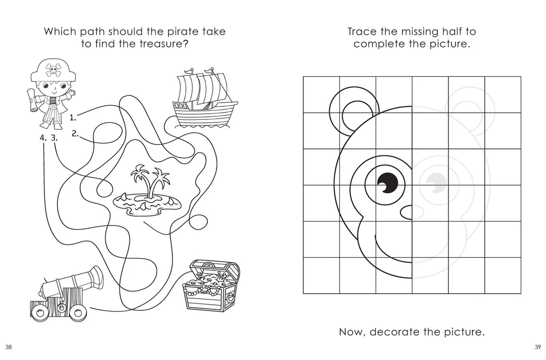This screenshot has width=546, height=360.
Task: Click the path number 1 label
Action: [72, 118]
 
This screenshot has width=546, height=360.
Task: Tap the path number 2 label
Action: [75, 133]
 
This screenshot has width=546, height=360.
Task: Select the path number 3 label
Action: [54, 138]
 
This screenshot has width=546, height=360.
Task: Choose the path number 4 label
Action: [43, 138]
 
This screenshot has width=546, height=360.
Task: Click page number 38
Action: [9, 347]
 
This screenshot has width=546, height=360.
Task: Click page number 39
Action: [538, 347]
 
